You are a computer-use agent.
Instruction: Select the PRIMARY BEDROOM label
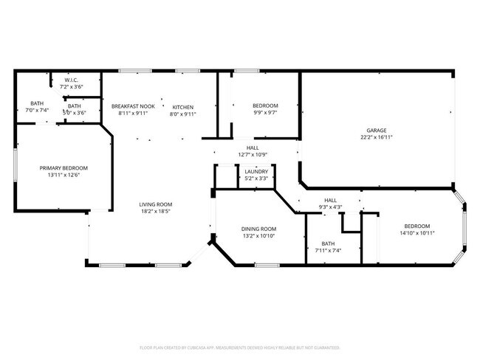pyautogui.click(x=64, y=167)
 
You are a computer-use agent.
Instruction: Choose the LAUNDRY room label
pyautogui.click(x=256, y=171)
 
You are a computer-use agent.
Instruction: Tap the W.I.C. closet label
pyautogui.click(x=72, y=80)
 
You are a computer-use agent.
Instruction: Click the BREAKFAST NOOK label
pyautogui.click(x=133, y=106)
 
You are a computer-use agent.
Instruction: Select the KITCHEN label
pyautogui.click(x=183, y=106)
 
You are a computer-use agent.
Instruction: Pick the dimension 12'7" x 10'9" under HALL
pyautogui.click(x=252, y=154)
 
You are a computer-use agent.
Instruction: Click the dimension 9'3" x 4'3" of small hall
pyautogui.click(x=330, y=207)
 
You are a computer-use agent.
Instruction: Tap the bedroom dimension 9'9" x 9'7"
pyautogui.click(x=266, y=114)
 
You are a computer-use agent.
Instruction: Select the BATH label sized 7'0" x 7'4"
pyautogui.click(x=37, y=103)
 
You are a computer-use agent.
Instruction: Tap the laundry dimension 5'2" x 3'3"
pyautogui.click(x=256, y=178)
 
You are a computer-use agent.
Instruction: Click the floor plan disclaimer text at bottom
pyautogui.click(x=239, y=347)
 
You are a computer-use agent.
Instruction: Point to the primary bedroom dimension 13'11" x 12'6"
pyautogui.click(x=64, y=175)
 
